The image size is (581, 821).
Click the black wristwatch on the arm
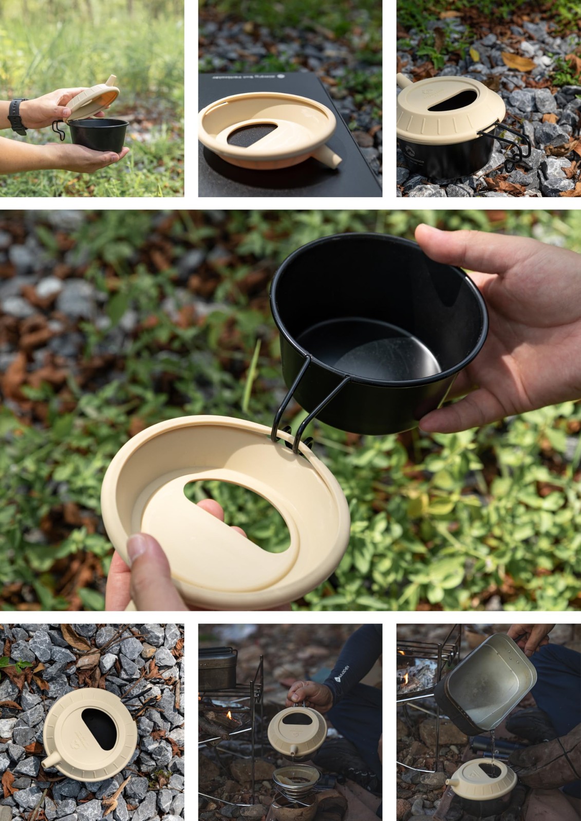[x=17, y=116]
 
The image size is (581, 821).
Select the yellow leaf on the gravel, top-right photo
[x=518, y=62]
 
